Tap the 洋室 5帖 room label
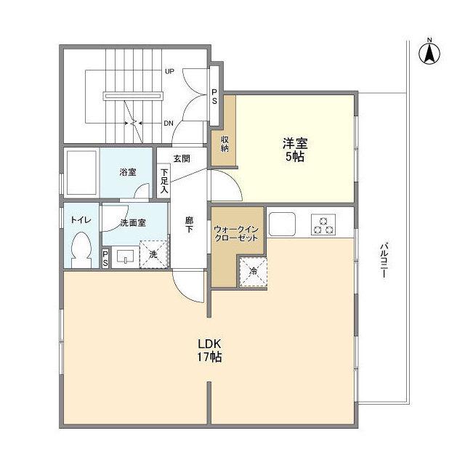click(294, 150)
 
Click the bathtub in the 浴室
click(81, 171)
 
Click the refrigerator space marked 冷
click(253, 272)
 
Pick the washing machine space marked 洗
click(153, 254)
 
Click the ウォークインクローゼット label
click(236, 233)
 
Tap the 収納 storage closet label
click(224, 143)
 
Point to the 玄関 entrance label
click(182, 158)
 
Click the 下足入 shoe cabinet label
click(164, 179)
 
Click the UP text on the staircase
click(169, 71)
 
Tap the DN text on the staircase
click(169, 124)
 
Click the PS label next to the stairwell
click(215, 97)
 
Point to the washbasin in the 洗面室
click(124, 256)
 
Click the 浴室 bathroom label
click(127, 172)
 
